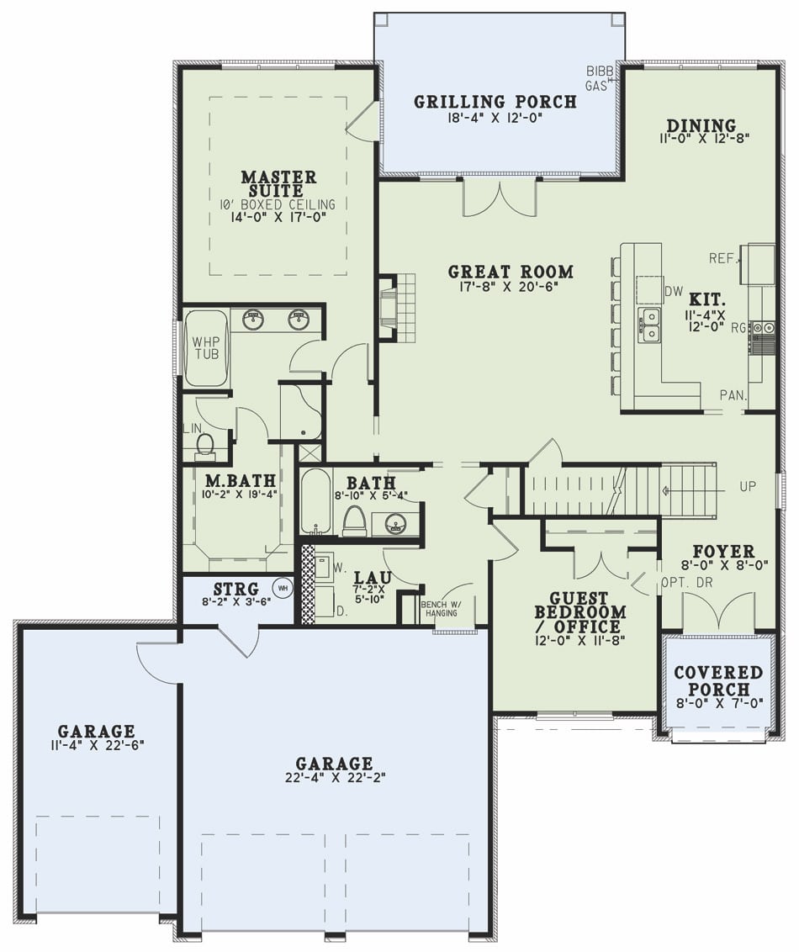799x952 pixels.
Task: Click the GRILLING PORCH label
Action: pyautogui.click(x=495, y=102)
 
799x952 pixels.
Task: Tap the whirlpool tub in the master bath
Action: pyautogui.click(x=206, y=348)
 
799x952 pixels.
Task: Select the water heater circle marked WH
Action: pyautogui.click(x=283, y=588)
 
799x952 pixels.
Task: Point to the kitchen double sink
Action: pyautogui.click(x=648, y=325)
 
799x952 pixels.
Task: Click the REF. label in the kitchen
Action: pyautogui.click(x=723, y=258)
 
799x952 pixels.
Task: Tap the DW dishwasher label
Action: pyautogui.click(x=673, y=291)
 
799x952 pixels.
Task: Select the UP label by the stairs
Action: pyautogui.click(x=748, y=487)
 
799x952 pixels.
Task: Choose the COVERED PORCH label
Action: pyautogui.click(x=718, y=680)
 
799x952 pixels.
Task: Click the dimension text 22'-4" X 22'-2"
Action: pyautogui.click(x=334, y=778)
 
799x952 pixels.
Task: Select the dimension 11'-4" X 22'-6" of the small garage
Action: pyautogui.click(x=96, y=745)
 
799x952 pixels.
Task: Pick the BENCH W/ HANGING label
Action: pyautogui.click(x=441, y=608)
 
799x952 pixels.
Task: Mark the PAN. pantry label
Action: pyautogui.click(x=733, y=394)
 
